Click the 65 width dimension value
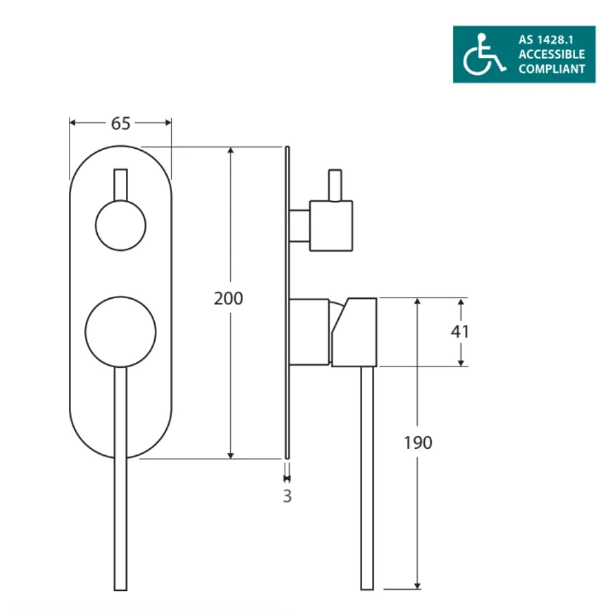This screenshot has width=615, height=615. pos(121,124)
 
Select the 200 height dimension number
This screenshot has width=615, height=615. pos(229,299)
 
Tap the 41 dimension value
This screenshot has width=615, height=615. pos(460,331)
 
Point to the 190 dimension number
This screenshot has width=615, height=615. pos(418,442)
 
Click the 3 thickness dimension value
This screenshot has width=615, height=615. pos(287,496)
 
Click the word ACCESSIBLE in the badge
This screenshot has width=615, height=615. pos(552,54)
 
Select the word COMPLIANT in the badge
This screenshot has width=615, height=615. pos(552,69)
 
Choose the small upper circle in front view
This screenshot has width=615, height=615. pos(121,225)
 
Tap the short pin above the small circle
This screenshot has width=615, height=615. pos(121,183)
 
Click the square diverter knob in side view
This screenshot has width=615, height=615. pos(331,226)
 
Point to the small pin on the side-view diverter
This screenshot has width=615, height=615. pos(335,184)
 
